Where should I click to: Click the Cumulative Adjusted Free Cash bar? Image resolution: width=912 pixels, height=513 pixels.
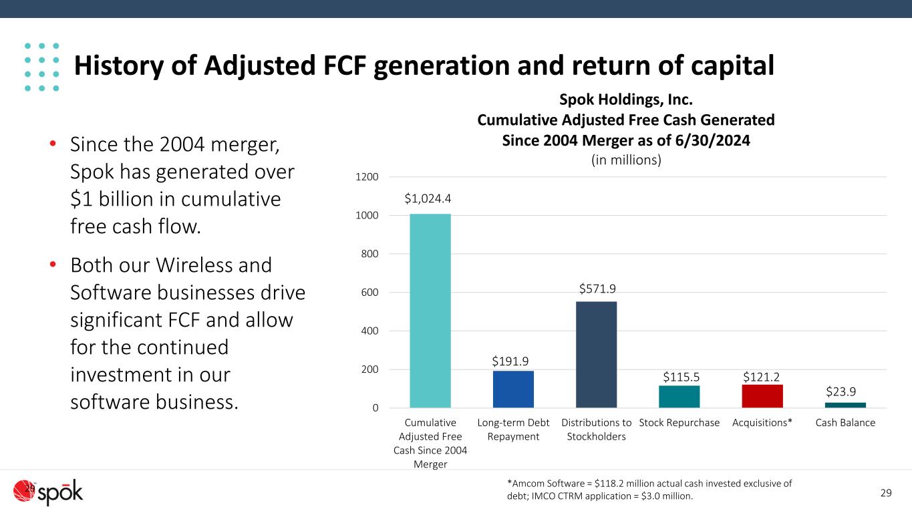[430, 311]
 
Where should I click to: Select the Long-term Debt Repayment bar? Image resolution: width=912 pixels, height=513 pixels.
[513, 389]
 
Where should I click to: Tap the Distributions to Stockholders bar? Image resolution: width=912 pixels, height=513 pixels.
[596, 354]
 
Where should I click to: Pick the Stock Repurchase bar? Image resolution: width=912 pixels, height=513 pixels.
[679, 396]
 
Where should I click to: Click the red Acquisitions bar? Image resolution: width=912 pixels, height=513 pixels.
[762, 395]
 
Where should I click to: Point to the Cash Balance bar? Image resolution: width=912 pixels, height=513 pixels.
[845, 405]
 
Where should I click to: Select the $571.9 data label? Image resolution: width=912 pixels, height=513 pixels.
[597, 288]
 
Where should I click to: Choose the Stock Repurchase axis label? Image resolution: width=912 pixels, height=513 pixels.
[679, 423]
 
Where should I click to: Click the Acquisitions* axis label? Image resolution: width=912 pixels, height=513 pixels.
[762, 423]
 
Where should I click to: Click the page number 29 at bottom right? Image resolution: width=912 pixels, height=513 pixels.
[886, 494]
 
